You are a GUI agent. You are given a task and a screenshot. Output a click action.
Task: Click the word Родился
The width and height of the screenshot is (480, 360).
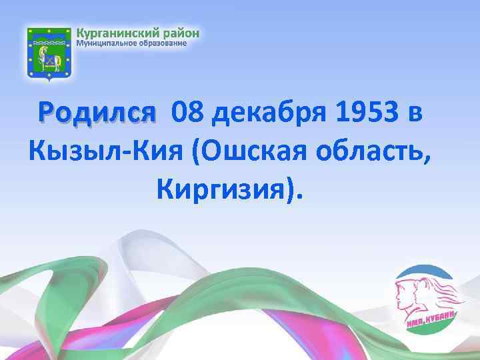[97, 115]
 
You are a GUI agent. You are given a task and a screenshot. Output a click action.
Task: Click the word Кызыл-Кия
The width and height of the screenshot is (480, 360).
[106, 153]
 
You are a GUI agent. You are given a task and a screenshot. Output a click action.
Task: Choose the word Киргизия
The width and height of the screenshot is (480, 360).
[224, 190]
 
